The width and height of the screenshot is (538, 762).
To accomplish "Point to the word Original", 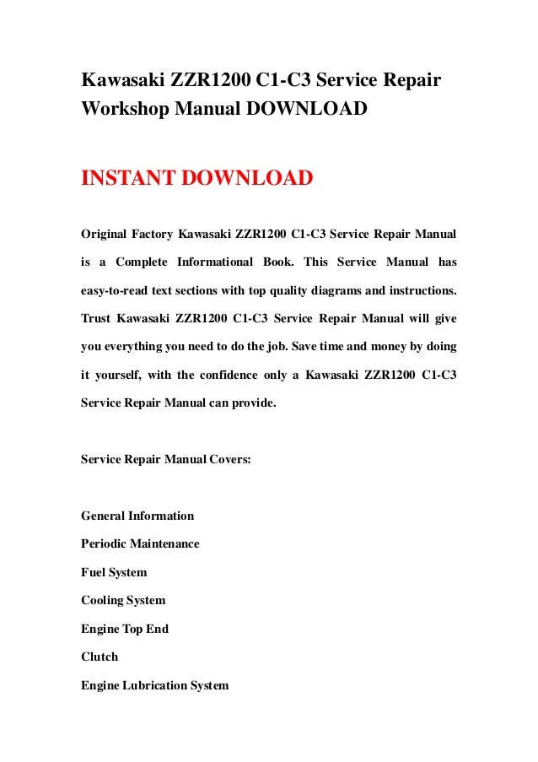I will coord(105,232).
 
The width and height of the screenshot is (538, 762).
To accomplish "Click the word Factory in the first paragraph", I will coord(157,232).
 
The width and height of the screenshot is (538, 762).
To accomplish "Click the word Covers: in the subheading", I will coord(226,460).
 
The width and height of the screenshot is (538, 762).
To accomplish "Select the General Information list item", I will coord(137,516).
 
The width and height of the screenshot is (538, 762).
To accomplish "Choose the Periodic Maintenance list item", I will coord(140,544).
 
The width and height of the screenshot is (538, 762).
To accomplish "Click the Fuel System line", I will coord(114,572).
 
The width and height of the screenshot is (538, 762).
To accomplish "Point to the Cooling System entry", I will coord(123,601).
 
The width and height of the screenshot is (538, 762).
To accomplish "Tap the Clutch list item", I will coord(100,657).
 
